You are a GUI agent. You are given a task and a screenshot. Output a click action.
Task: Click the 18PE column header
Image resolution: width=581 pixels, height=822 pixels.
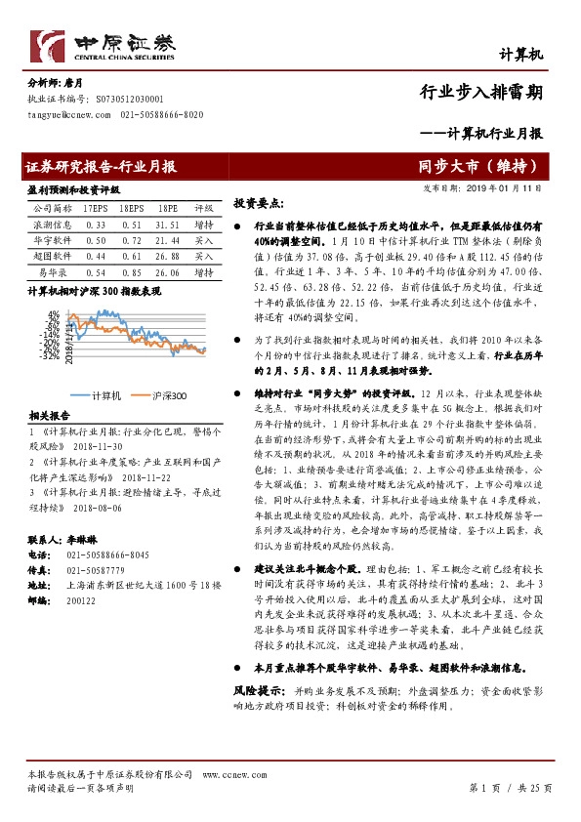168,208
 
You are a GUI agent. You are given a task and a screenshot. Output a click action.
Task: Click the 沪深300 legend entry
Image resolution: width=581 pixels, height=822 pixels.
166,395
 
